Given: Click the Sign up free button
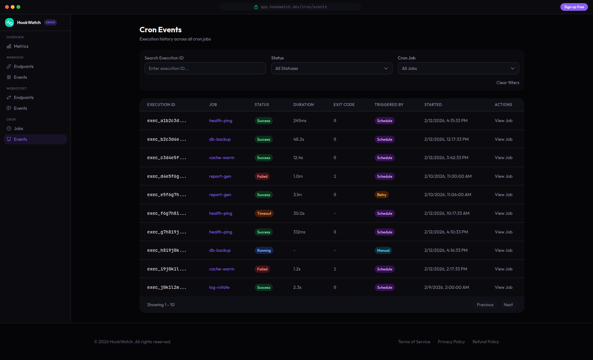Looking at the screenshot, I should (574, 7).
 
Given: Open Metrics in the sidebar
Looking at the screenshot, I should (21, 46).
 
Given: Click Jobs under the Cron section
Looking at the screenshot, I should (18, 128).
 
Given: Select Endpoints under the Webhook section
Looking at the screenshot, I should (23, 66).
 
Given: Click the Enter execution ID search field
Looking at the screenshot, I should (205, 68).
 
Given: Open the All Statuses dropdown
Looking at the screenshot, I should (332, 68).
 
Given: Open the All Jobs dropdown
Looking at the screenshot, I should (458, 68).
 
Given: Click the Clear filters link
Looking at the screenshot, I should (508, 83).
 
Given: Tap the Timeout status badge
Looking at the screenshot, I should (264, 214).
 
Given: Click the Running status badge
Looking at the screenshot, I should (264, 251).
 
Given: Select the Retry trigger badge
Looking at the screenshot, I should (382, 195).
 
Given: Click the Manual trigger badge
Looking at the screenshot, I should (383, 251).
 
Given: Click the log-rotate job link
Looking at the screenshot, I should (219, 287).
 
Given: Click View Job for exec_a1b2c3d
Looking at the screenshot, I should (503, 121).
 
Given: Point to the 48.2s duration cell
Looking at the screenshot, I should (298, 139).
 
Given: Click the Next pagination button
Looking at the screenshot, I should (508, 305).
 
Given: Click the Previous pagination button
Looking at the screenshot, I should (485, 305).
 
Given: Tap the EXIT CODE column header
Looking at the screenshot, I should (344, 105).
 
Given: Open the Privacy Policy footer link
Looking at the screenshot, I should (451, 342).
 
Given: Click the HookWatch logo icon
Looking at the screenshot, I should (9, 22).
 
